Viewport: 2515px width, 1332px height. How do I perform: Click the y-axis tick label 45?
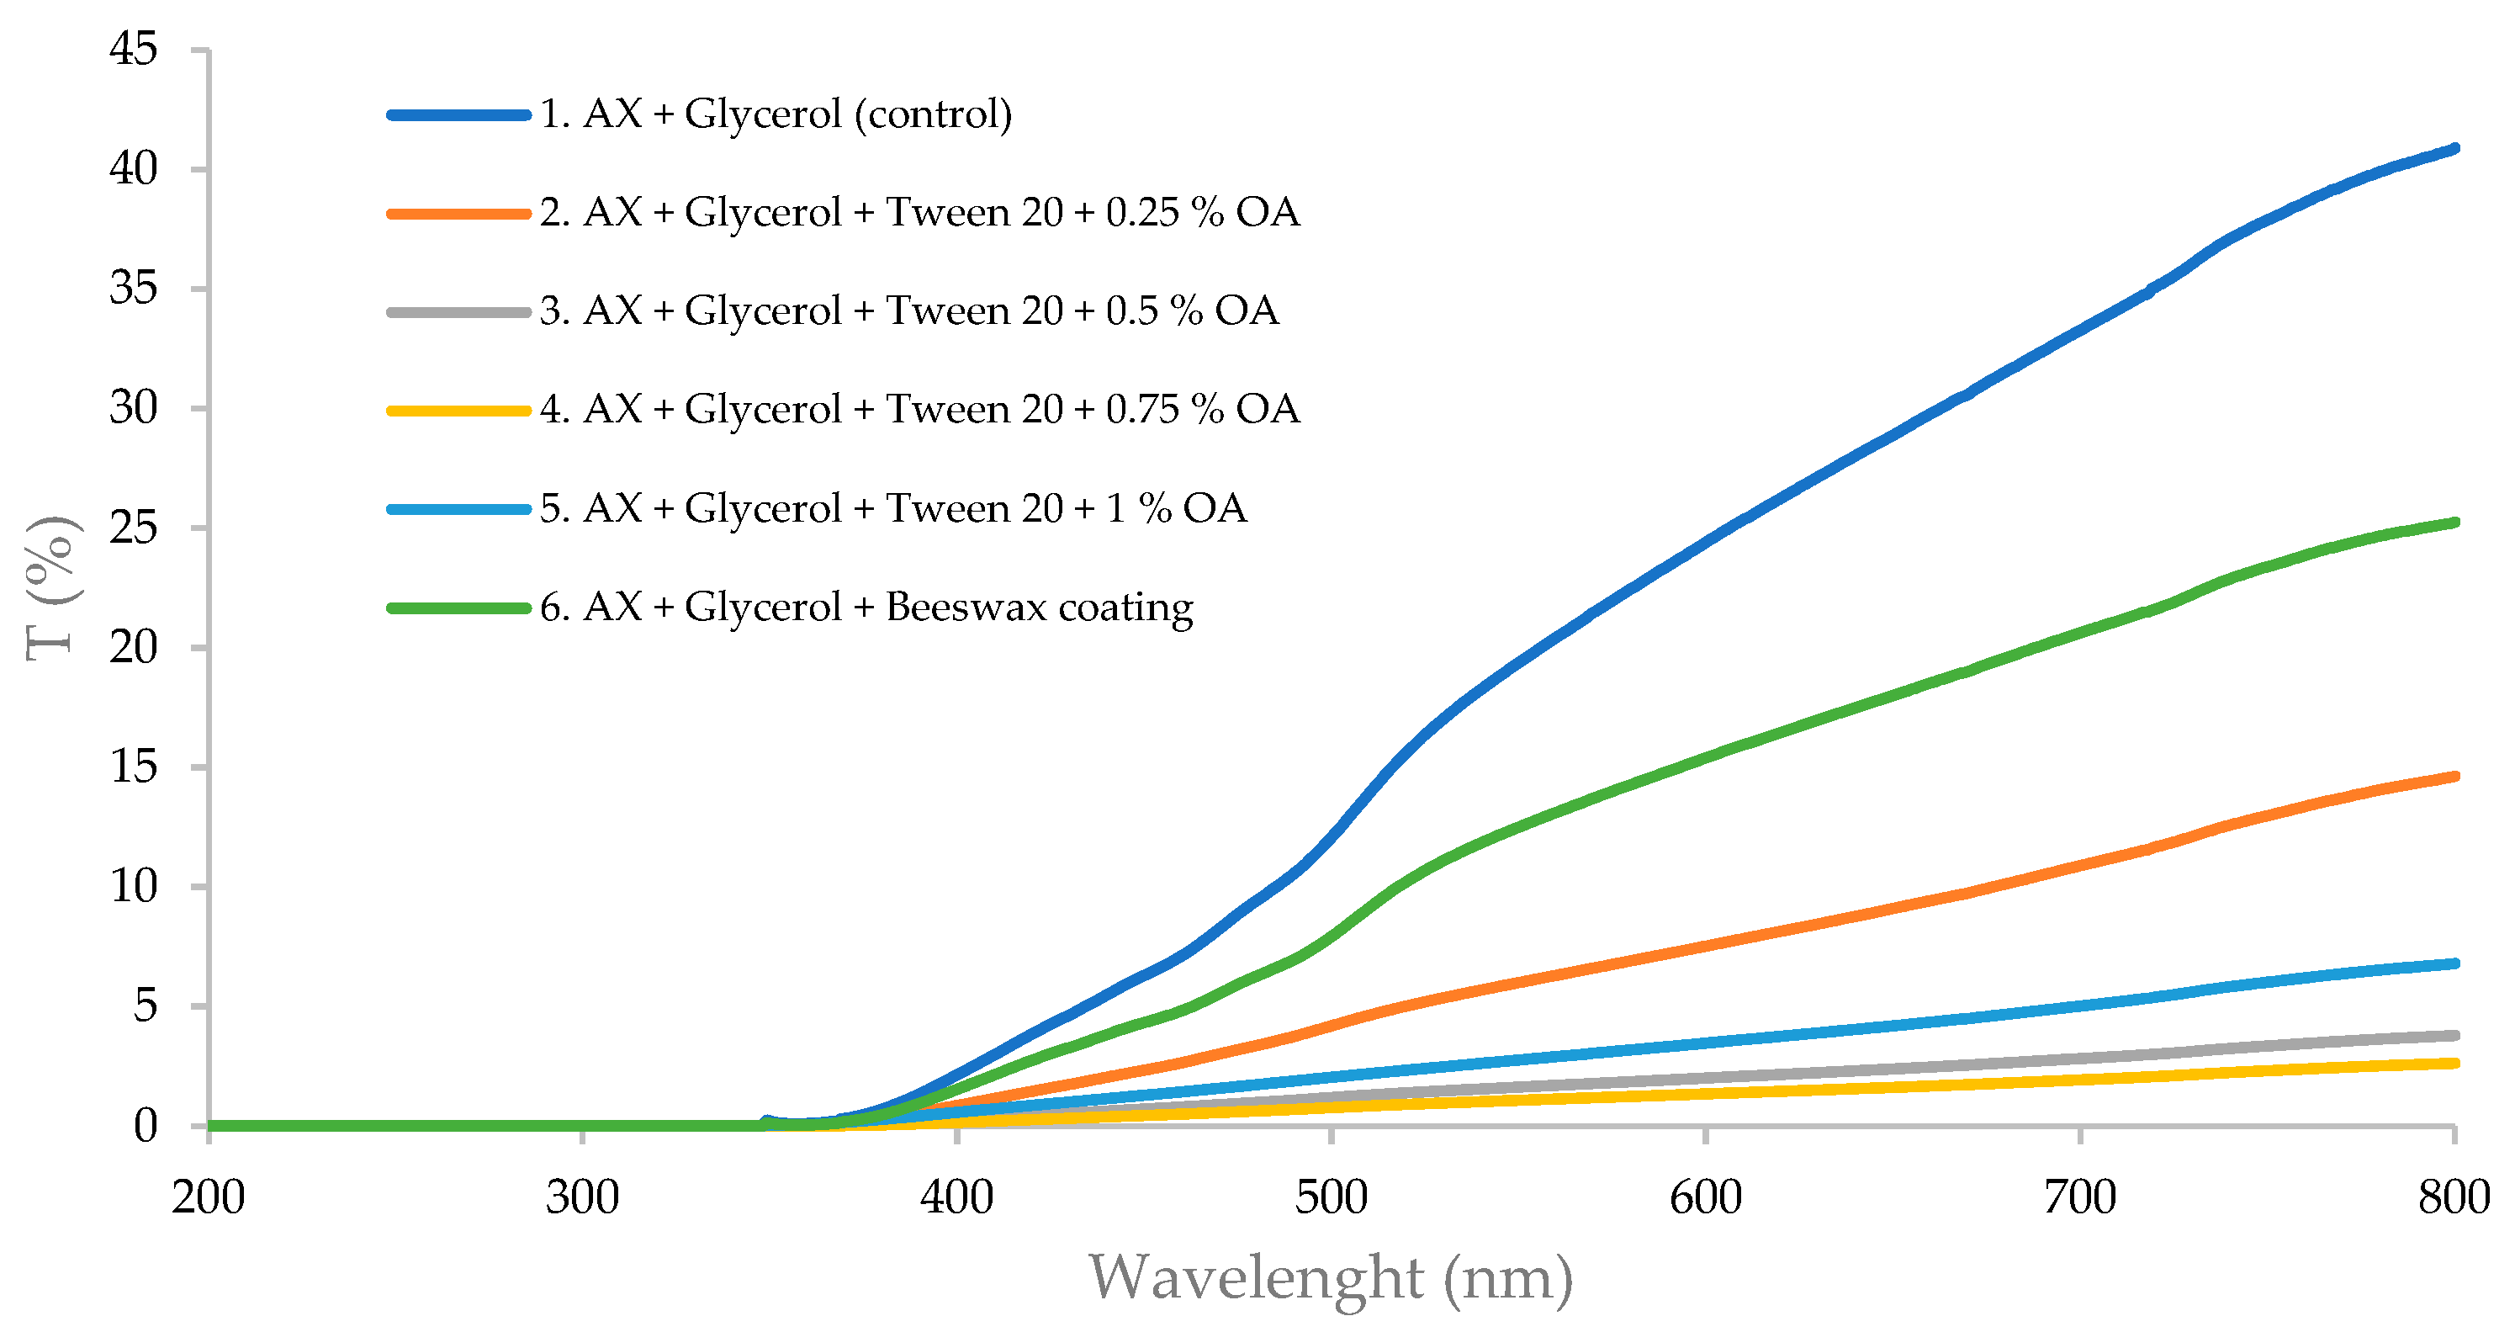pos(133,49)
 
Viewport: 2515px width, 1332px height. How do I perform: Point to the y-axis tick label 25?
pos(133,528)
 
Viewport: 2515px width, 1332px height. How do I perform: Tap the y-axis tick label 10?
pos(133,887)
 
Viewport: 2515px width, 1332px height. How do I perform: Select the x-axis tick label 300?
pos(582,1197)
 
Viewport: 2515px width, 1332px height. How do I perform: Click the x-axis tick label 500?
pos(1331,1197)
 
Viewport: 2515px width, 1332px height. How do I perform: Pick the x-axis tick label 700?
pos(2079,1197)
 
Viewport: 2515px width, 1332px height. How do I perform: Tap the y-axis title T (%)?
pos(50,589)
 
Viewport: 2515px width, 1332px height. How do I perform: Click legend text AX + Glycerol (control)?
pos(776,114)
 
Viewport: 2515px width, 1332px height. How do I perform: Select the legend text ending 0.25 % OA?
pos(919,212)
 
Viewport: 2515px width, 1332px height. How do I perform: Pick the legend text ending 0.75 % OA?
pos(919,409)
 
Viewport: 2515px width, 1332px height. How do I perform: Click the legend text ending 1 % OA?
pos(893,507)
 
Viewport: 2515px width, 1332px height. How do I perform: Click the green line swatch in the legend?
pos(459,608)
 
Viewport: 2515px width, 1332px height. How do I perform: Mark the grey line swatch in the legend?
pos(459,311)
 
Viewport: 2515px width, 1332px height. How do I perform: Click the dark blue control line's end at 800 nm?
pos(2453,148)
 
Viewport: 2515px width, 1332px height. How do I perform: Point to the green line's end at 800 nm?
pos(2453,523)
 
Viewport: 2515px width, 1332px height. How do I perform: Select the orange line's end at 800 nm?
pos(2453,777)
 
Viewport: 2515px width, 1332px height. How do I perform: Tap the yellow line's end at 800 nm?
pos(2453,1063)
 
